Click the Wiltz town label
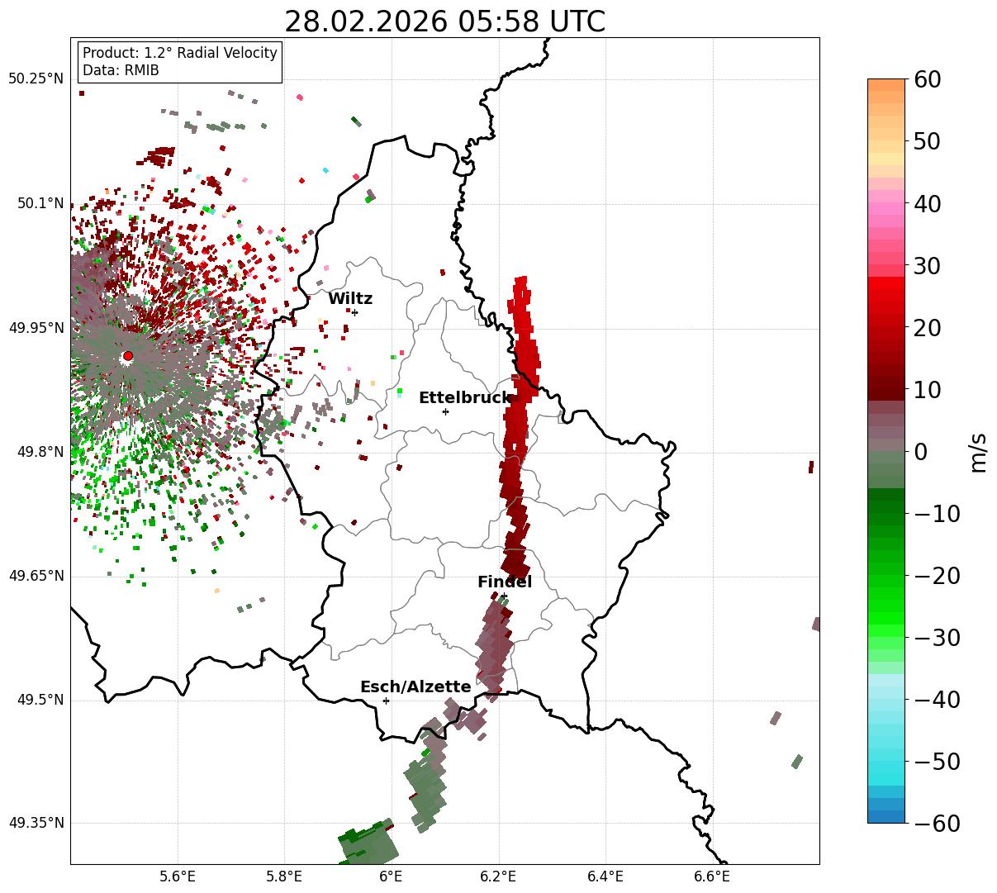[350, 299]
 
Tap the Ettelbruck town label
[464, 398]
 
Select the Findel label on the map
[504, 582]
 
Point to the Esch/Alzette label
[415, 687]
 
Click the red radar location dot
[127, 356]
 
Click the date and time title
[444, 21]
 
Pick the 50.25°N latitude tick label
[36, 79]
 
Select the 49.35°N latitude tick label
[36, 824]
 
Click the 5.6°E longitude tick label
[178, 876]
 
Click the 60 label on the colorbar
[928, 80]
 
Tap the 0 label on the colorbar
[920, 452]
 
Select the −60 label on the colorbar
[936, 824]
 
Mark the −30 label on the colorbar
[936, 638]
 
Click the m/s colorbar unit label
[979, 452]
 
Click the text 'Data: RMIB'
[121, 71]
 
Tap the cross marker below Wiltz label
[354, 312]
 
